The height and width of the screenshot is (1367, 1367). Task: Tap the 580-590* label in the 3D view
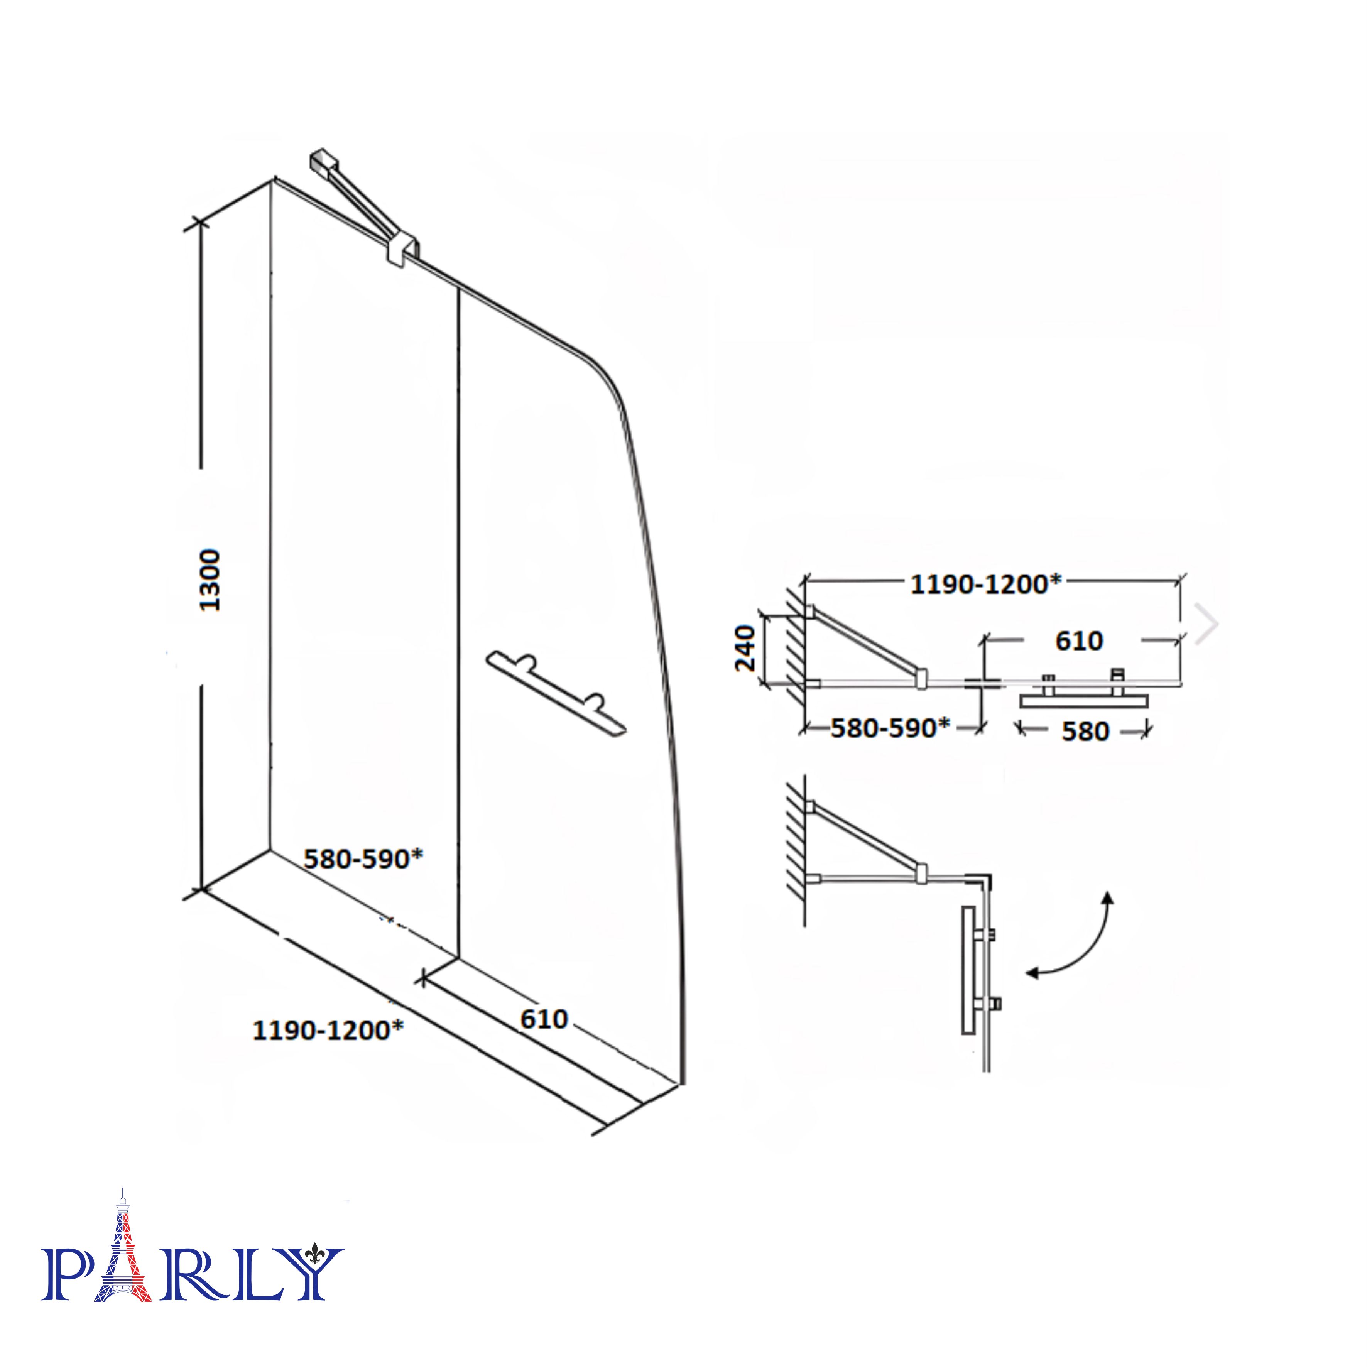point(363,859)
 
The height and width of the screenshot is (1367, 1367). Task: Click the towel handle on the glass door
point(556,693)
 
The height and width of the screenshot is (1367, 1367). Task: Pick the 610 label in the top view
point(1079,640)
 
